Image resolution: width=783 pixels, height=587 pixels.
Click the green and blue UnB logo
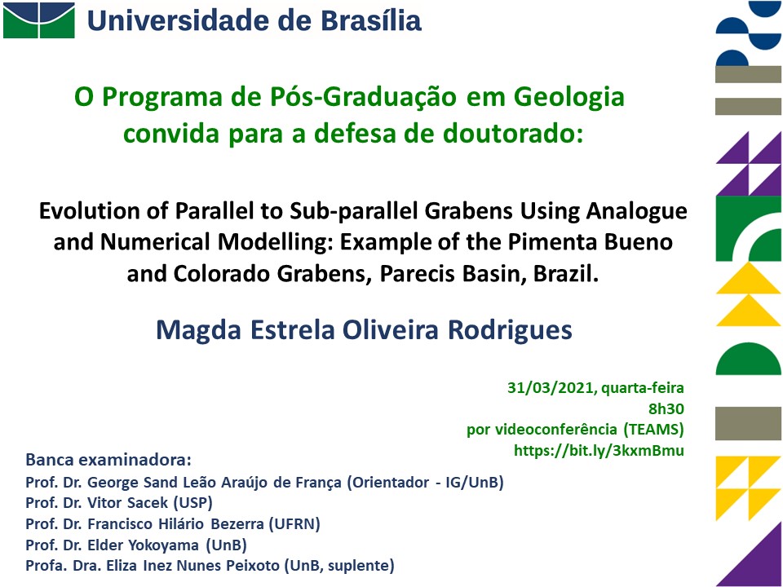click(39, 20)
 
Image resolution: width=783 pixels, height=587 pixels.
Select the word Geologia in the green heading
click(568, 97)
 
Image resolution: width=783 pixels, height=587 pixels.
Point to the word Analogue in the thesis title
click(636, 212)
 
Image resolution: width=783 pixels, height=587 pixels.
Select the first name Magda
click(198, 330)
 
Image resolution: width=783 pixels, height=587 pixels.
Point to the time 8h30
click(666, 408)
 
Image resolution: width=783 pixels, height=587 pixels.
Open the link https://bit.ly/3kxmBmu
click(599, 450)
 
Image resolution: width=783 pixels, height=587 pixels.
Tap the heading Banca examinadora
click(108, 460)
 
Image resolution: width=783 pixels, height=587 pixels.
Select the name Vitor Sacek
click(127, 503)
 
